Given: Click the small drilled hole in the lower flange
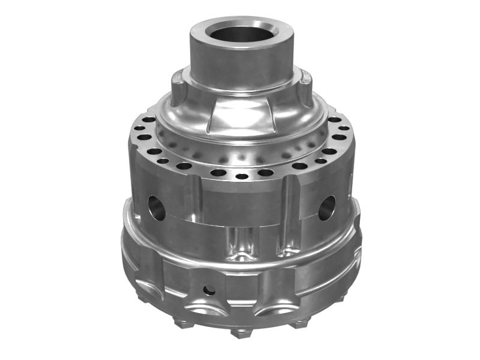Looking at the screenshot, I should pyautogui.click(x=209, y=290).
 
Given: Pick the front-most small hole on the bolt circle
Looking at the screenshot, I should pyautogui.click(x=242, y=176).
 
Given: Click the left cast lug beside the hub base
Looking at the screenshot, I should pyautogui.click(x=178, y=84).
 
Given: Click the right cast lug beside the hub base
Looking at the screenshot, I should pyautogui.click(x=305, y=84).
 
